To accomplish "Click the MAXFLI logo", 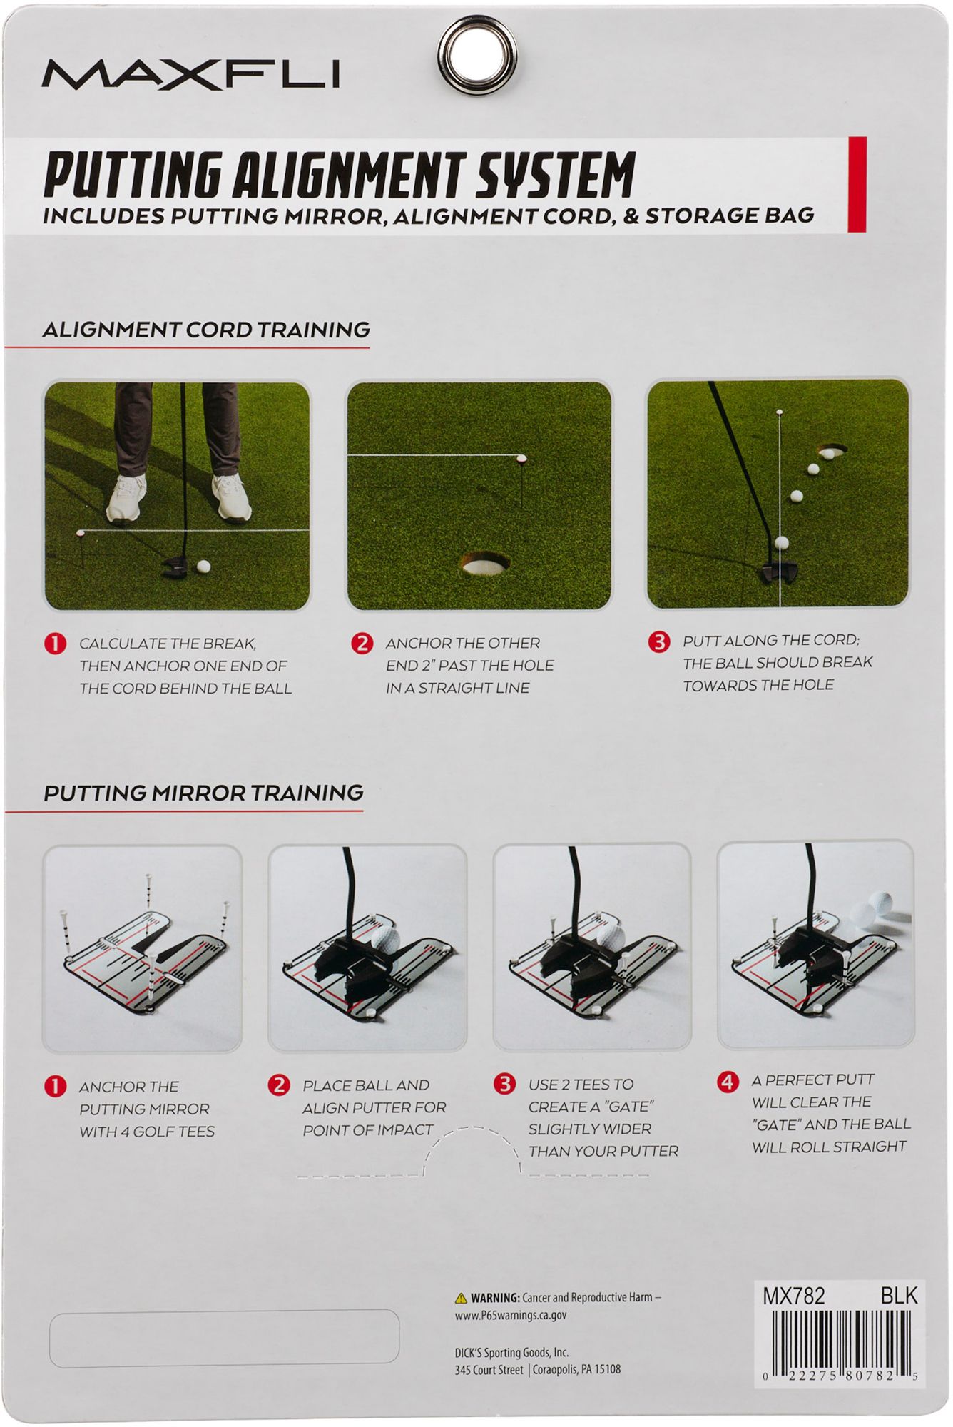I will [x=190, y=74].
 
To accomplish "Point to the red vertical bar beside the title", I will [x=857, y=185].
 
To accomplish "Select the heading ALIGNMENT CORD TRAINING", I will [x=206, y=330].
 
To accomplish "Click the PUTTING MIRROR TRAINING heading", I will [x=203, y=793].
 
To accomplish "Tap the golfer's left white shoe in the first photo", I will [x=126, y=498].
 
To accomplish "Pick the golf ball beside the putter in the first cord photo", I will [x=203, y=567].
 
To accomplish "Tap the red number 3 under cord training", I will [x=658, y=641].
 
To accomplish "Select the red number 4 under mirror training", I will [x=727, y=1082].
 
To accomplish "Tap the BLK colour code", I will [x=899, y=1295].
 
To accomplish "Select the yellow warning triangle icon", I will [x=461, y=1298].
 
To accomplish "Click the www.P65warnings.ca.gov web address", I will [x=511, y=1315].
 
